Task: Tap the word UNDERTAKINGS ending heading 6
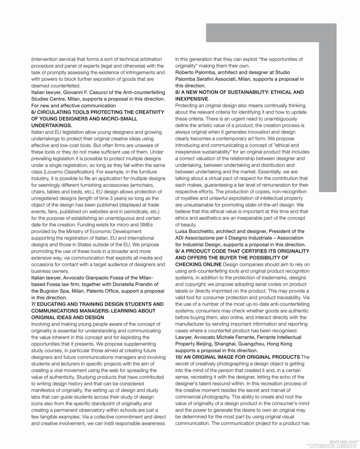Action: pos(51,126)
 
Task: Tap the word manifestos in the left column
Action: pos(45,390)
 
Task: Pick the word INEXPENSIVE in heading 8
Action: pos(192,99)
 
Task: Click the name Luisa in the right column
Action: pos(182,231)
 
